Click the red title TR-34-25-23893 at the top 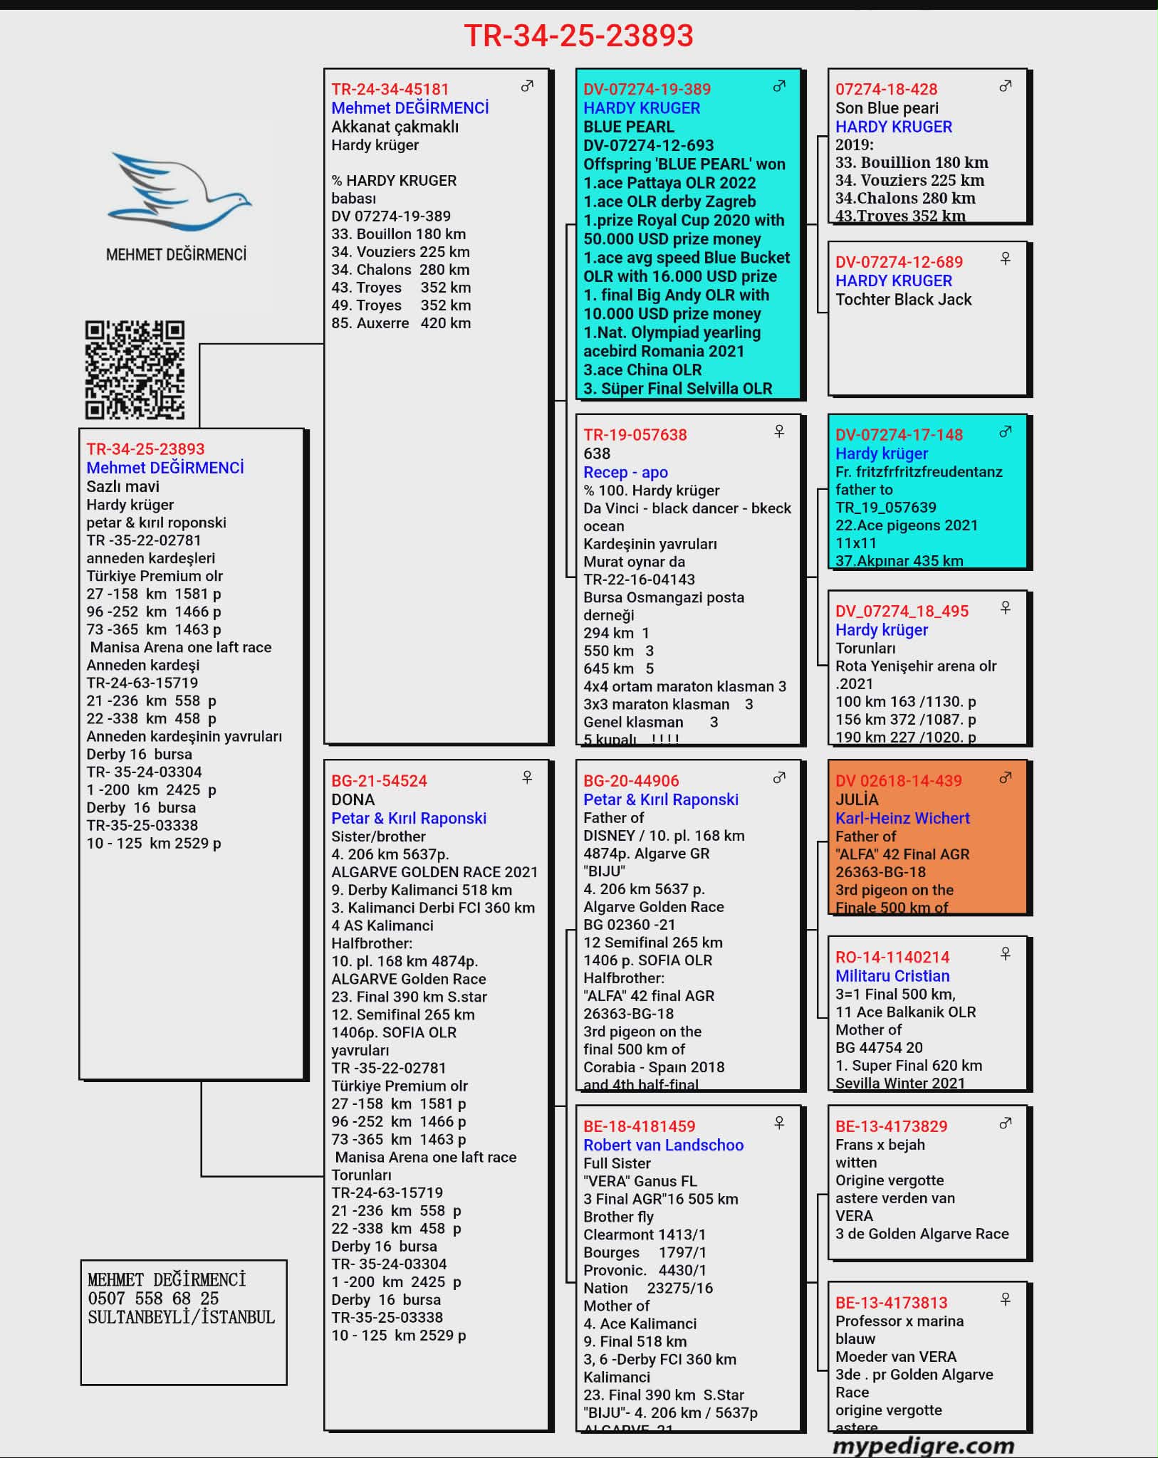click(x=578, y=36)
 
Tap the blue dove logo click(x=179, y=191)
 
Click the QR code click(x=135, y=369)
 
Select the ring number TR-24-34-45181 click(x=390, y=89)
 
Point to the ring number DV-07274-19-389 click(x=647, y=89)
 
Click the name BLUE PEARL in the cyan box click(x=629, y=127)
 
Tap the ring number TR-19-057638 click(x=635, y=435)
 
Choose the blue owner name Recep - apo click(x=625, y=472)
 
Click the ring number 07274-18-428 click(x=886, y=89)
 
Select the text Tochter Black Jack click(x=903, y=300)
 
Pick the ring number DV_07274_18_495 click(x=902, y=611)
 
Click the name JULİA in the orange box click(x=857, y=799)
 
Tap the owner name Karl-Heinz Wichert click(x=902, y=818)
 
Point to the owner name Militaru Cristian click(x=892, y=976)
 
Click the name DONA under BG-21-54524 click(x=353, y=799)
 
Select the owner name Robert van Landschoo click(x=663, y=1145)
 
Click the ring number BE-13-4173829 click(x=891, y=1126)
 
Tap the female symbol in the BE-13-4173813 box click(x=1006, y=1300)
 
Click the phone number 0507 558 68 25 click(x=153, y=1299)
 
